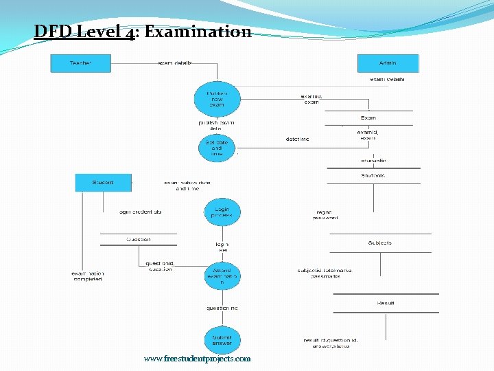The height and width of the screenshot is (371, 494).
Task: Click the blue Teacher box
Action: point(80,63)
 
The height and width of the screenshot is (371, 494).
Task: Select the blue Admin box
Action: point(388,63)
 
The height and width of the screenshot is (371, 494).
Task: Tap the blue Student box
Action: point(103,183)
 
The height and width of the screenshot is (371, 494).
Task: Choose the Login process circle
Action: point(222,212)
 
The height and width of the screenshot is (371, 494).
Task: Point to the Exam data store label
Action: point(368,117)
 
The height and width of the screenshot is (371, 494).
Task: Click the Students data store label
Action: point(373,176)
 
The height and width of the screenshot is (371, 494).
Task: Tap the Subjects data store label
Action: point(379,243)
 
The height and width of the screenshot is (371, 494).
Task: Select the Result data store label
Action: point(386,303)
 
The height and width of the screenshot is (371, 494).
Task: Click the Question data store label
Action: point(138,239)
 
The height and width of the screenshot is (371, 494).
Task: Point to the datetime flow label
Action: point(297,139)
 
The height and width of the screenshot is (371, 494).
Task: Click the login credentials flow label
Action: point(141,212)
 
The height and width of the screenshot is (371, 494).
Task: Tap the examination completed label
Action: point(88,276)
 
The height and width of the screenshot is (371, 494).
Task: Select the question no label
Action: point(222,308)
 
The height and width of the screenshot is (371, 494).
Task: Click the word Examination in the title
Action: point(198,32)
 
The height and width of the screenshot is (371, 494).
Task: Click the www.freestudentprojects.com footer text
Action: point(198,359)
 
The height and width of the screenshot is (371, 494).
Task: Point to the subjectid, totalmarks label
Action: point(325,270)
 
